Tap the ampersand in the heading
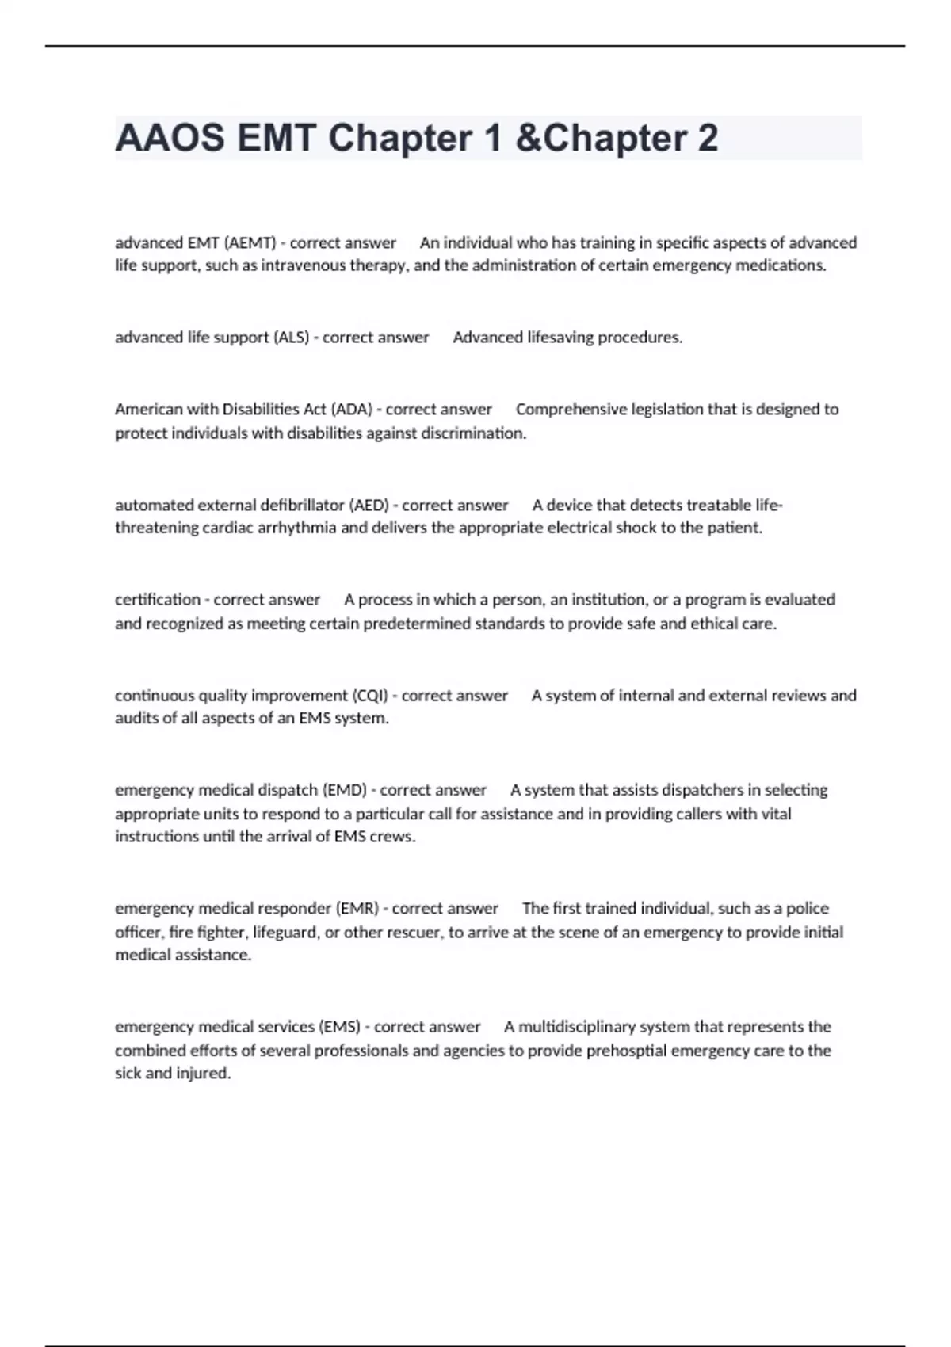pyautogui.click(x=525, y=138)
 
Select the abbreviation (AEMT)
pyautogui.click(x=250, y=242)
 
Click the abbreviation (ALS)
pyautogui.click(x=291, y=337)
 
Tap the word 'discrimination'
pyautogui.click(x=473, y=433)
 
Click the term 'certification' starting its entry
pyautogui.click(x=158, y=599)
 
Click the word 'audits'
pyautogui.click(x=136, y=719)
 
